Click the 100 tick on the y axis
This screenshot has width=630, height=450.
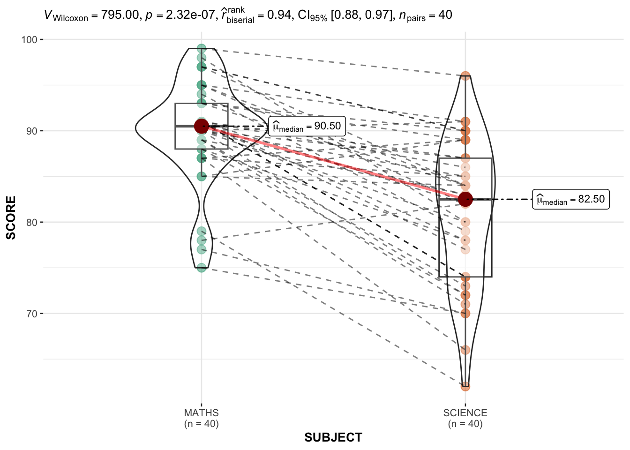pyautogui.click(x=29, y=40)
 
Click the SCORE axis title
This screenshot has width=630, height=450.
pyautogui.click(x=11, y=217)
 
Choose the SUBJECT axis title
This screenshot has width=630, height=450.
pyautogui.click(x=333, y=437)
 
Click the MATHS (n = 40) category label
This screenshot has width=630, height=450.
pyautogui.click(x=202, y=418)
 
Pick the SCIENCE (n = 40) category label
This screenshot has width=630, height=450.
pyautogui.click(x=465, y=418)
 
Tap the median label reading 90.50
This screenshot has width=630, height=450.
pyautogui.click(x=307, y=127)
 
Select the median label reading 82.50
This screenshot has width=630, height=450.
pyautogui.click(x=570, y=199)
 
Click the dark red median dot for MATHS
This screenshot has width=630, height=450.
pyautogui.click(x=202, y=126)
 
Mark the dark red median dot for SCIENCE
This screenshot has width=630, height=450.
pyautogui.click(x=465, y=199)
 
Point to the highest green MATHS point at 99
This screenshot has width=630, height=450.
pyautogui.click(x=202, y=48)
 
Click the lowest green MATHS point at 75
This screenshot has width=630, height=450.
pyautogui.click(x=202, y=268)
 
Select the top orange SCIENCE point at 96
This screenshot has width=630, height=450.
pyautogui.click(x=465, y=76)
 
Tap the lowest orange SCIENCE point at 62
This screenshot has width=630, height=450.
pyautogui.click(x=465, y=386)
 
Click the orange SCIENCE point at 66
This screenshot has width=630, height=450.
pyautogui.click(x=465, y=350)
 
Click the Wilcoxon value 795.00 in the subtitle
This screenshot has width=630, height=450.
pyautogui.click(x=120, y=15)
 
